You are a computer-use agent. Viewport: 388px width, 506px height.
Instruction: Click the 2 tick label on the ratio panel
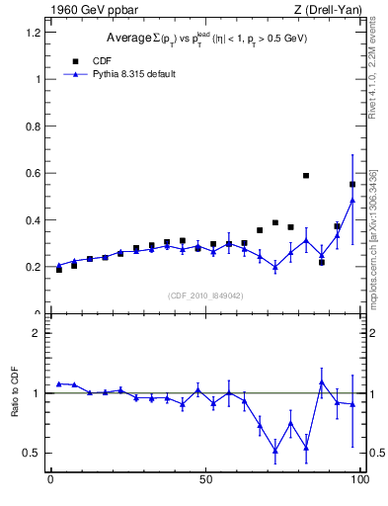(36, 333)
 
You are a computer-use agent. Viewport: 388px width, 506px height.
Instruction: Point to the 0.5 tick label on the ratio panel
(32, 453)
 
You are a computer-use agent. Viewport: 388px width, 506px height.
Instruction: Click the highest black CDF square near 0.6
(306, 176)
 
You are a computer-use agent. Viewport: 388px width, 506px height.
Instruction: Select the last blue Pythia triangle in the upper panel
(352, 201)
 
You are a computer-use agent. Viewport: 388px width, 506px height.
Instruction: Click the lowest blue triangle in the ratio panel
(275, 450)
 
